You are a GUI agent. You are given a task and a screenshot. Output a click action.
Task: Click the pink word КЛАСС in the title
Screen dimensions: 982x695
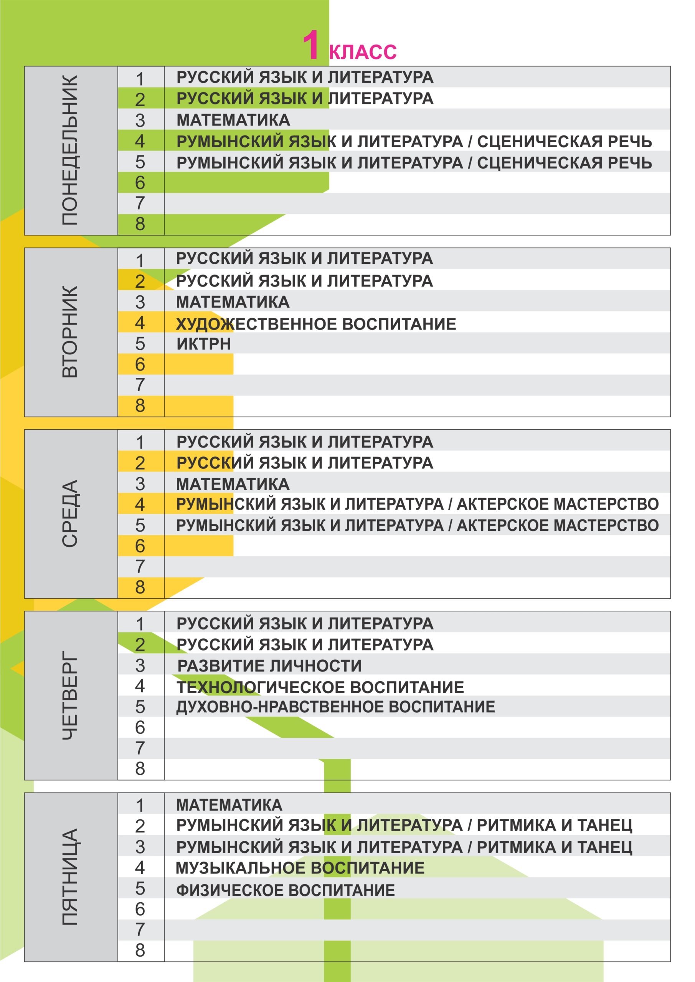tap(363, 52)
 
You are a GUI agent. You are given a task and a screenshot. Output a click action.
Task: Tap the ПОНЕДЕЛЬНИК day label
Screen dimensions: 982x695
tap(70, 150)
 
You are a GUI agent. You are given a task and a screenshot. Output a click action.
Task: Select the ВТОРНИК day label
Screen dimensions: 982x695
tap(70, 332)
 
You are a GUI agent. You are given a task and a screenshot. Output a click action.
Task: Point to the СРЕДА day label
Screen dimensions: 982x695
tap(70, 513)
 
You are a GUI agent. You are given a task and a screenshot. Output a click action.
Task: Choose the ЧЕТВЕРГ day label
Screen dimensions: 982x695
tap(70, 695)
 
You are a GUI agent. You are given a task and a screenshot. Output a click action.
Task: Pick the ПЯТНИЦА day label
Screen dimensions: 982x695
tap(70, 877)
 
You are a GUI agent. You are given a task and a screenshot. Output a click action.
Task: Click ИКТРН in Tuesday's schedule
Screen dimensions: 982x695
tap(204, 344)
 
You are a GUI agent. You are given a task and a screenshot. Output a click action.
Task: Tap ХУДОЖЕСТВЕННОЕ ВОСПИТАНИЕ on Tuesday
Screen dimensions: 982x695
tap(316, 324)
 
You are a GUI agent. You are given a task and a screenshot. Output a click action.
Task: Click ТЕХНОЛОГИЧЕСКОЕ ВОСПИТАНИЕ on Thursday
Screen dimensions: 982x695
tap(320, 687)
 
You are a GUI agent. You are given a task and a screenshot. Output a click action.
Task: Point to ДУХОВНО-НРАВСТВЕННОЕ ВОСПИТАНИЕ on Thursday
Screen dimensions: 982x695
tap(335, 707)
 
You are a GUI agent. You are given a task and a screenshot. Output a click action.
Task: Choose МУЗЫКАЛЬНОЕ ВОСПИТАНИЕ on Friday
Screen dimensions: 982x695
tap(300, 868)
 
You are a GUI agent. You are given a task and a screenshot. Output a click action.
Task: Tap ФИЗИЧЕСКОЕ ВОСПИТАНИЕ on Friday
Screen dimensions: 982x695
tap(286, 890)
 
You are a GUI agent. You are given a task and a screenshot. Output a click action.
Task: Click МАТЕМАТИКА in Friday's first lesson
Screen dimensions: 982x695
tap(229, 805)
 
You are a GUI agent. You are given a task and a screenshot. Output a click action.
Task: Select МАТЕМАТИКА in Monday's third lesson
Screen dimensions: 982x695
tap(233, 120)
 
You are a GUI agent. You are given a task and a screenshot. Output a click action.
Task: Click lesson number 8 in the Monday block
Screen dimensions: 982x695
tap(140, 224)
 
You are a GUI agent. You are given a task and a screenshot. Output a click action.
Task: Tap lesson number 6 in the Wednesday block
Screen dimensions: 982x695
tap(140, 546)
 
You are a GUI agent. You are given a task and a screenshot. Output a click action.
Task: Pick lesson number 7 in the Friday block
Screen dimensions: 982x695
tap(140, 930)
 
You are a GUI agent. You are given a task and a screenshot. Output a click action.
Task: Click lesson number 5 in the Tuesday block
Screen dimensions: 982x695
tap(140, 344)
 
